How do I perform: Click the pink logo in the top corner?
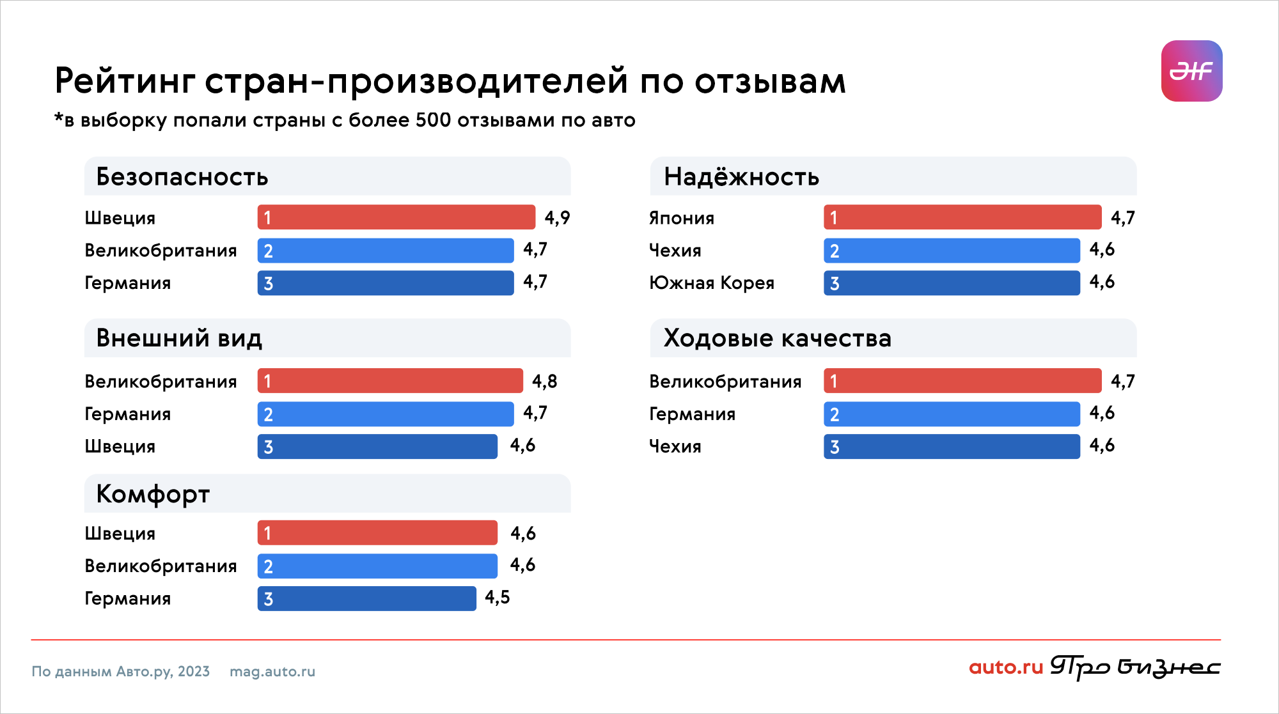[x=1191, y=71]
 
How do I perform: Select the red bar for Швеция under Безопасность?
[x=396, y=217]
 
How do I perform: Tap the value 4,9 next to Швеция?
[x=557, y=218]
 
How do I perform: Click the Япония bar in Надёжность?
[x=962, y=217]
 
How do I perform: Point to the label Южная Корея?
[x=711, y=283]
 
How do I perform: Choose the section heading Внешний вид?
[x=179, y=338]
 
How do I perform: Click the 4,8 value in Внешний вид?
[x=544, y=382]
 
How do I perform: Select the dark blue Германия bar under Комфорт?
[x=366, y=598]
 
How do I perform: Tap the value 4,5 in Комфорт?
[x=497, y=598]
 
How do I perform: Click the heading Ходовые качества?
[x=777, y=338]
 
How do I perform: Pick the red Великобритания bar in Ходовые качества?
[x=962, y=381]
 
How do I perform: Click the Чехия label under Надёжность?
[x=675, y=251]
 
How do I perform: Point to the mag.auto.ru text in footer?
[x=272, y=671]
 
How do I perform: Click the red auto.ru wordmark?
[x=1005, y=667]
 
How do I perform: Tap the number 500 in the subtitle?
[x=433, y=120]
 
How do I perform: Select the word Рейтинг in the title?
[x=125, y=81]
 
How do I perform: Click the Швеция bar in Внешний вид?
[x=377, y=446]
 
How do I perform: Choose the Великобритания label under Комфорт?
[x=161, y=566]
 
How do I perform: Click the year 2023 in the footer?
[x=194, y=671]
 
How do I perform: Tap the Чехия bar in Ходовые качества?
[x=952, y=446]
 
